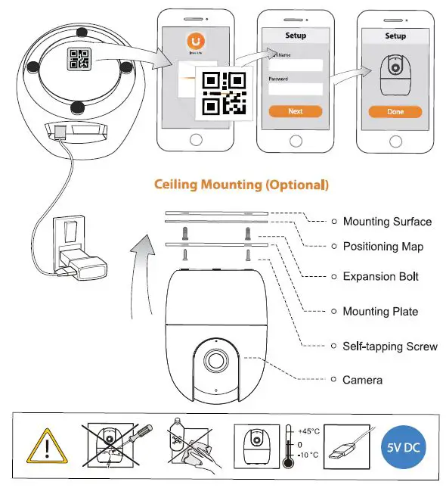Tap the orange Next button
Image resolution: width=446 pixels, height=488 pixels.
[295, 111]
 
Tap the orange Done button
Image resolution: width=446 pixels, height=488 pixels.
[395, 111]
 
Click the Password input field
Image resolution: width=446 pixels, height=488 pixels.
[295, 89]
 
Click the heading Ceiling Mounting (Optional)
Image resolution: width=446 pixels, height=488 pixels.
[241, 184]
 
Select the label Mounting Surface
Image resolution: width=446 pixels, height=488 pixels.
[387, 222]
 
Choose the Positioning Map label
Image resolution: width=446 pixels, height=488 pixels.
[383, 247]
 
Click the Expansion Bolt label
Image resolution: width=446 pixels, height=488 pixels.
[380, 276]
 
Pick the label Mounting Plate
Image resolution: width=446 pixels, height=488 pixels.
[380, 311]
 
